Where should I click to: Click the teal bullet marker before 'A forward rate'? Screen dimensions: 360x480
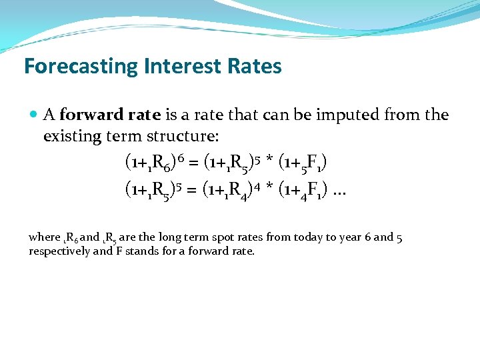point(34,115)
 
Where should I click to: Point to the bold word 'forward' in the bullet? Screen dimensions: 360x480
point(86,115)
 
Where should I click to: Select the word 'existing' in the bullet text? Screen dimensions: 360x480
point(71,137)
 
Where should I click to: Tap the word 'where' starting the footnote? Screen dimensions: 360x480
point(44,237)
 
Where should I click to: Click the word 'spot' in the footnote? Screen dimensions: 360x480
point(252,237)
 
